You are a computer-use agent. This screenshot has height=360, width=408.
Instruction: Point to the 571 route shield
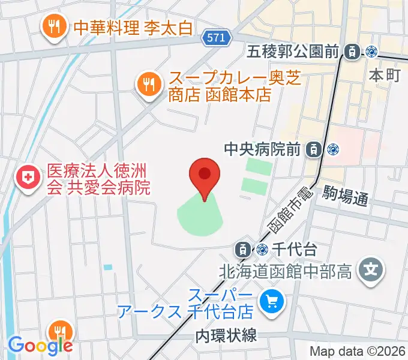(x=215, y=37)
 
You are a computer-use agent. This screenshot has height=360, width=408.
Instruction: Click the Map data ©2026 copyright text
(x=358, y=352)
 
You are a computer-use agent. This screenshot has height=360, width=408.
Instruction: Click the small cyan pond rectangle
(x=107, y=266)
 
